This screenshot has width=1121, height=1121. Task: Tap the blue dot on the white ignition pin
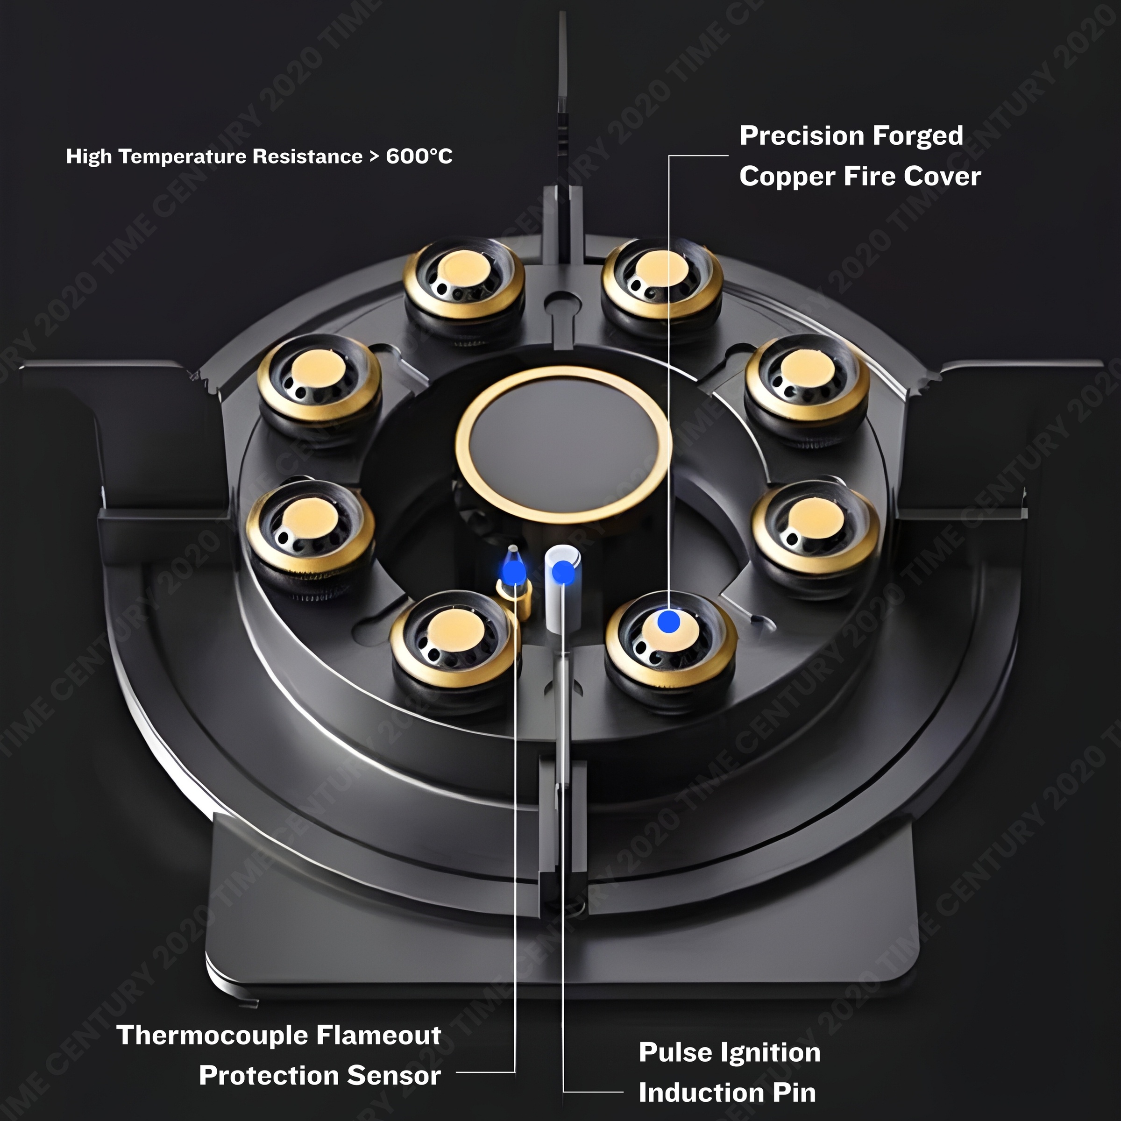562,573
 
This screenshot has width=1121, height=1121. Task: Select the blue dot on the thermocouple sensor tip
513,573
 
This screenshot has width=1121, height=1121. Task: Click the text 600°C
419,156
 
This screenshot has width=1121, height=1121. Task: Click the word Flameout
379,1035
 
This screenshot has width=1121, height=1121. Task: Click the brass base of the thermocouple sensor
517,601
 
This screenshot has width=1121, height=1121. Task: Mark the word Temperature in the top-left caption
182,156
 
